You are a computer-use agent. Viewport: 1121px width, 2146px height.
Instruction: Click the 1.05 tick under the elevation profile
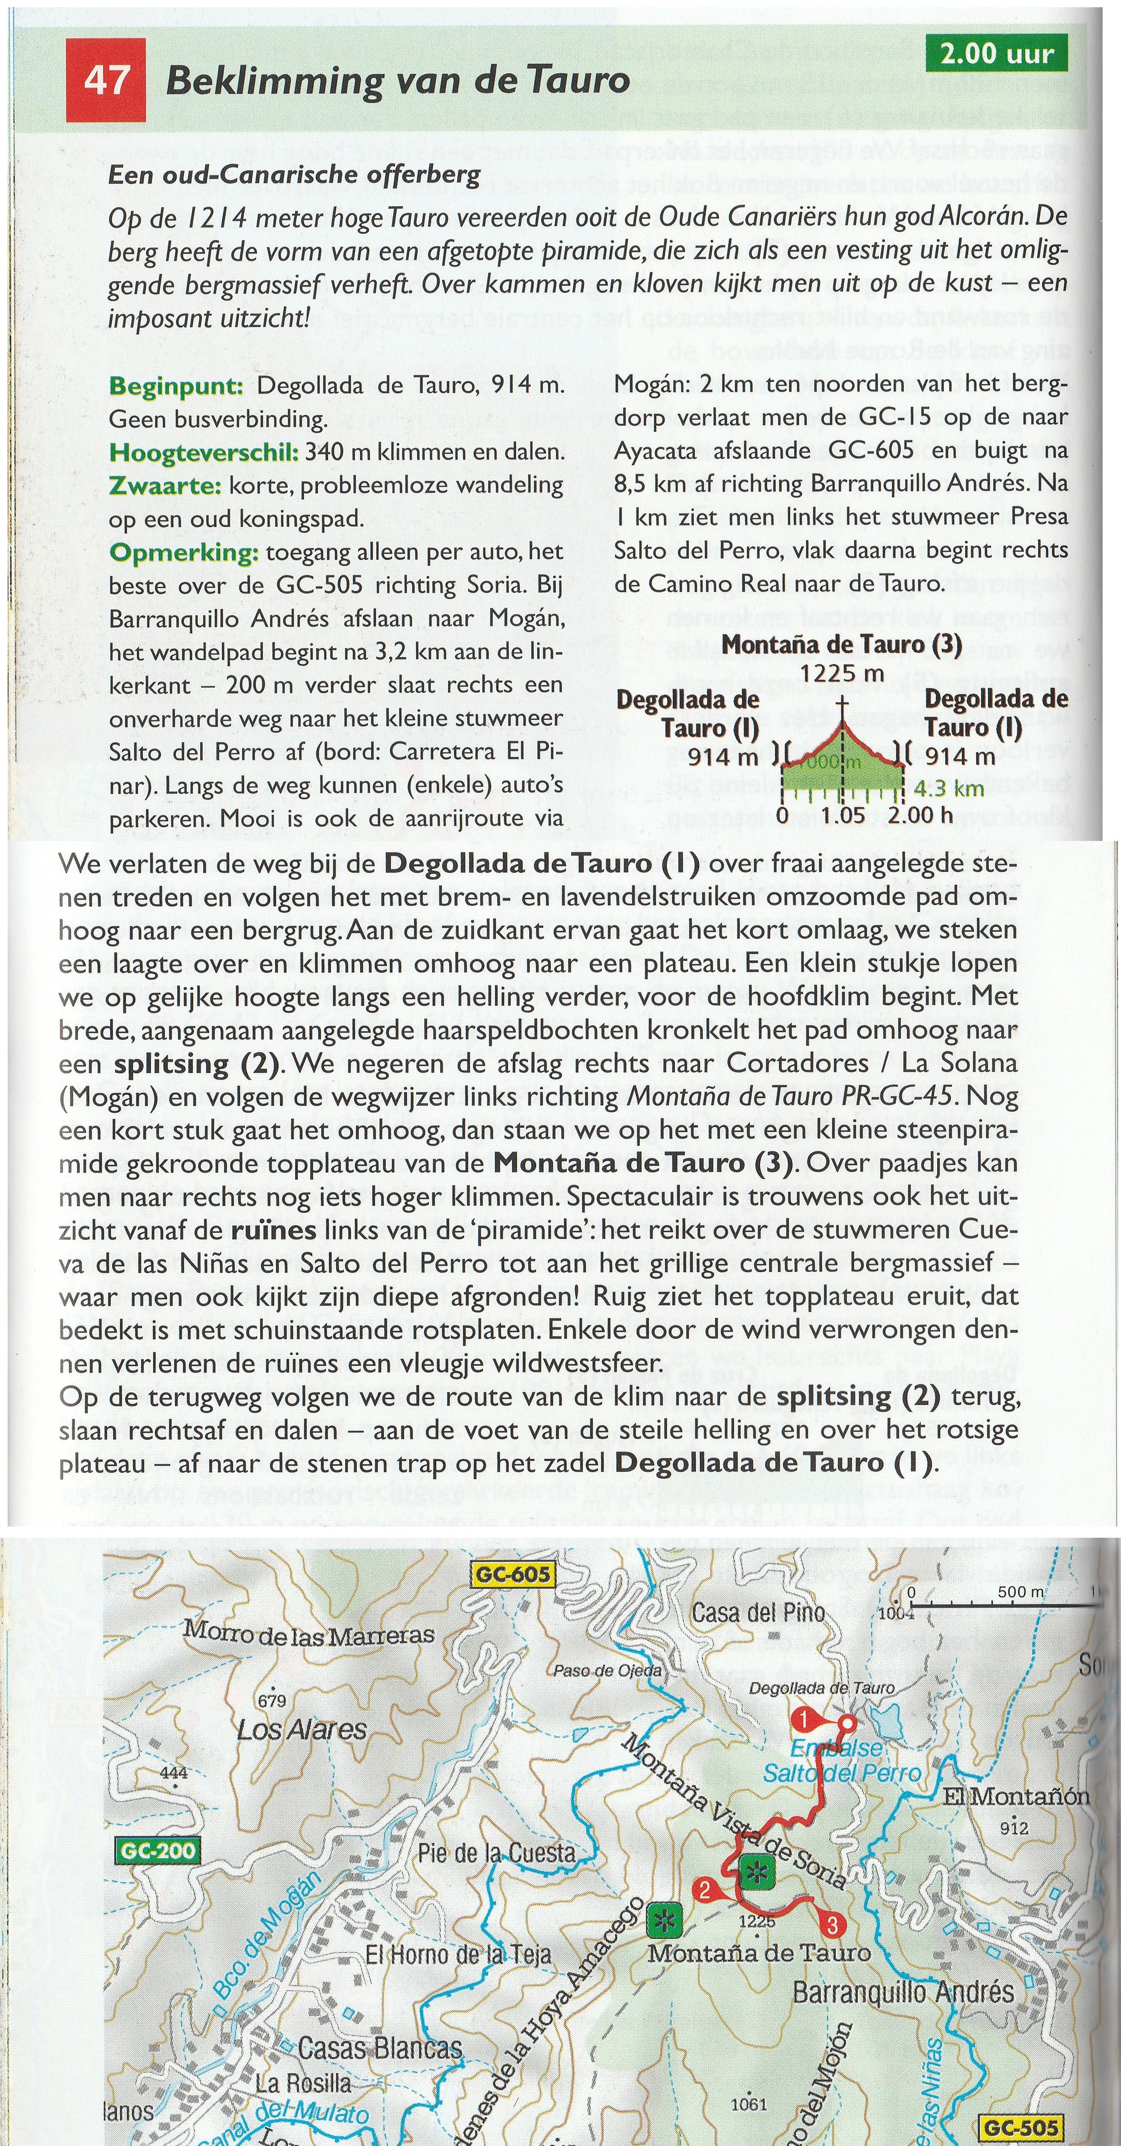843,815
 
